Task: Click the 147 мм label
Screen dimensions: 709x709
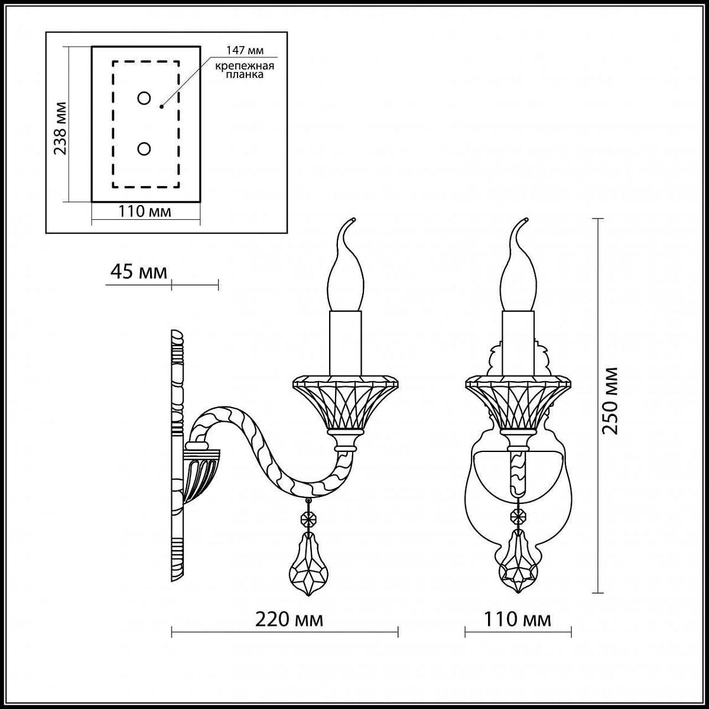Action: point(245,50)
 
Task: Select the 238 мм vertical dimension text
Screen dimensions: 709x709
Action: point(60,128)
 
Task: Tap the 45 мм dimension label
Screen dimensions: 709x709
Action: point(139,272)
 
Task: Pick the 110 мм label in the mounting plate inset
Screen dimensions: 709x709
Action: point(145,212)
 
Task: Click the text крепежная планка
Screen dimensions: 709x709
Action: point(244,70)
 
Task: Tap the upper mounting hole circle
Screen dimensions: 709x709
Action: point(144,98)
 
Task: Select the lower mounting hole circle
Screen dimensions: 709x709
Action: point(144,149)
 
